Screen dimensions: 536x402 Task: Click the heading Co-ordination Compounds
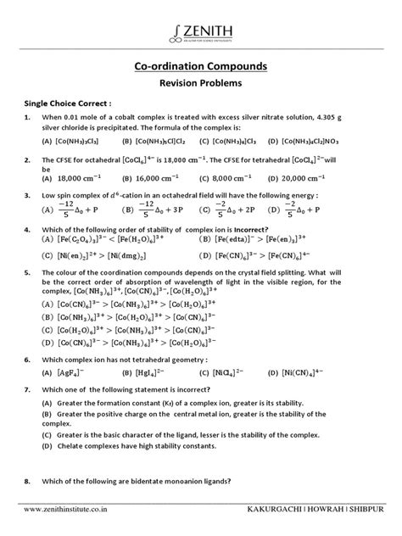[201, 66]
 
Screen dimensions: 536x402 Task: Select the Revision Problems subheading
[201, 84]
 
